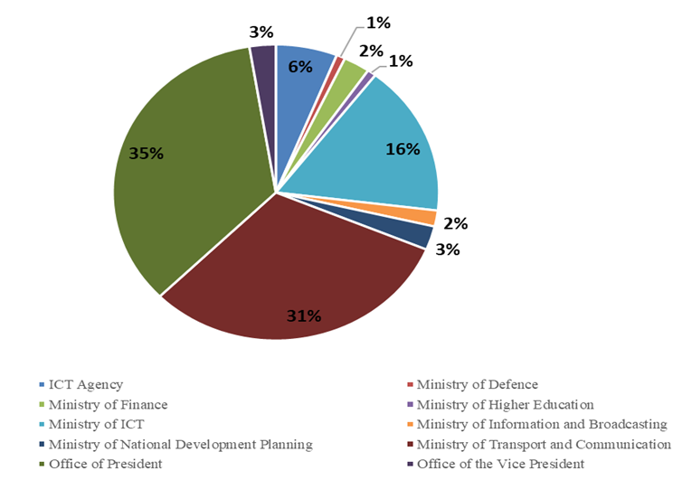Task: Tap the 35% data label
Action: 146,154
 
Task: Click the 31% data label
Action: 304,315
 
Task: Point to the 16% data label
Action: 403,149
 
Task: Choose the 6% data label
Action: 300,66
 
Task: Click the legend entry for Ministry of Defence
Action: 477,384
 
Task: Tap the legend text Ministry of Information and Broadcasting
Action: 542,424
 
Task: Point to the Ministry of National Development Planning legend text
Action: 181,444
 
